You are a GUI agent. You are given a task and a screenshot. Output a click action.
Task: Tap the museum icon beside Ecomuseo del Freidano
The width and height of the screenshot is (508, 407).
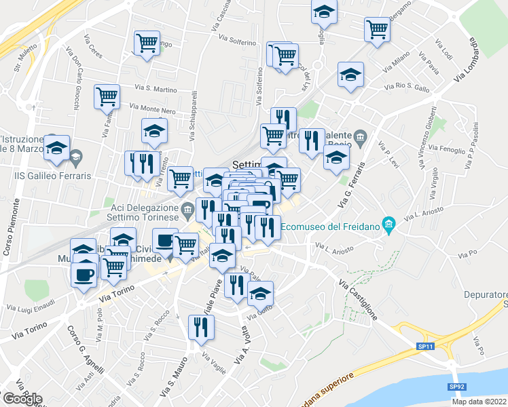click(389, 225)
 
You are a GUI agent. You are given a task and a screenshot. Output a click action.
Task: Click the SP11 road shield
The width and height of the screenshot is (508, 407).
click(425, 347)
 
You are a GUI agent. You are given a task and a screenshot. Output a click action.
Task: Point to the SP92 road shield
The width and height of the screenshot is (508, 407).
click(456, 386)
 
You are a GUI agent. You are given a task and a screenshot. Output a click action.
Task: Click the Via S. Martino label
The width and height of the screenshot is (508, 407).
click(156, 88)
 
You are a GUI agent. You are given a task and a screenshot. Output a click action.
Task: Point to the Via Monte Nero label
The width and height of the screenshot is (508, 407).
click(152, 109)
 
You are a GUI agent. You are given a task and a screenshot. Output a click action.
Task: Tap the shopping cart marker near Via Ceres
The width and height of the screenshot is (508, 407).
click(147, 43)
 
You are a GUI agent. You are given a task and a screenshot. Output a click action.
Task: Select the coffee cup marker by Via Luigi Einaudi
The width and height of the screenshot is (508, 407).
click(84, 275)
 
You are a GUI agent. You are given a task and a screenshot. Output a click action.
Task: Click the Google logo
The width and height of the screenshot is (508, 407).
click(22, 399)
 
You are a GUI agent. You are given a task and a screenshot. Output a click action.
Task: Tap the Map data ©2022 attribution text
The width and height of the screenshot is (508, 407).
click(479, 402)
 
